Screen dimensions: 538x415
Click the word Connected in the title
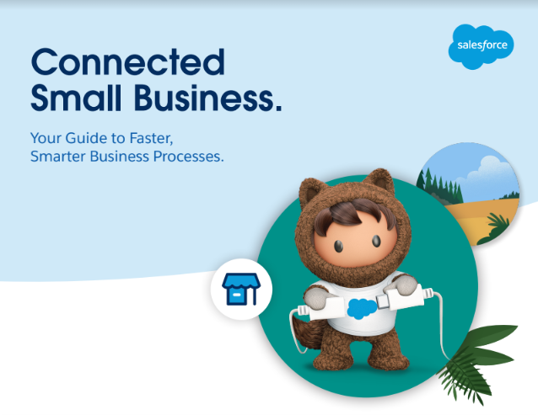click(x=128, y=61)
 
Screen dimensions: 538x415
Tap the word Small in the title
click(x=76, y=98)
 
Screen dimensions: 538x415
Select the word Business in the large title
click(x=208, y=98)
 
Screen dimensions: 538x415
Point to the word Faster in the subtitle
click(x=151, y=138)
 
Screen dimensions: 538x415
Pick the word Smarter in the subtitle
click(x=58, y=157)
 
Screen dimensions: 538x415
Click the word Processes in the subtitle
click(x=188, y=157)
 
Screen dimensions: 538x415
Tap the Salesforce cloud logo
click(x=481, y=46)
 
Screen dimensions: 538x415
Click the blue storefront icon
click(x=241, y=289)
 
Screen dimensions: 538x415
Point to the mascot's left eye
click(x=339, y=246)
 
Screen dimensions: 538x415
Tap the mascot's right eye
click(x=376, y=241)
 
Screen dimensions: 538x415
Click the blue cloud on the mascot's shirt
click(x=362, y=308)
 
